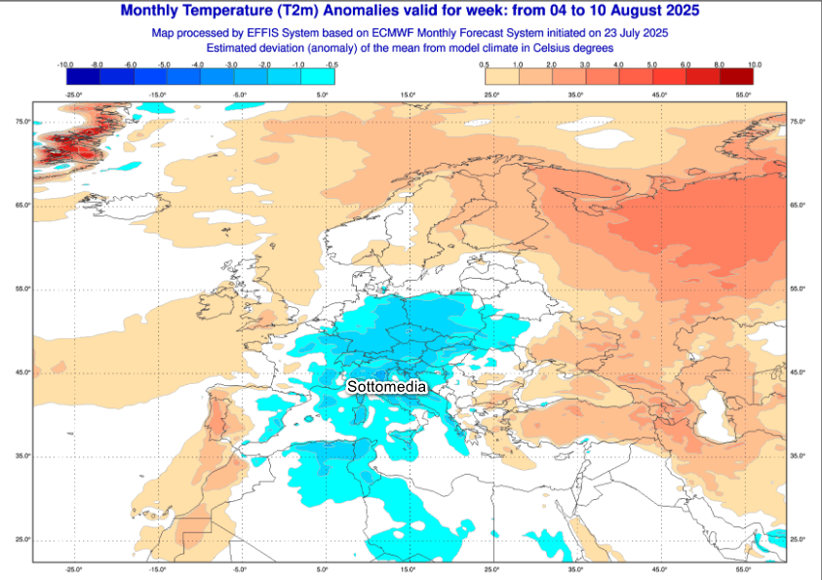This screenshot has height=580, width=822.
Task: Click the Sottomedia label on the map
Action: pyautogui.click(x=387, y=387)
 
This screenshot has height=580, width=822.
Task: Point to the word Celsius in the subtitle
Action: pyautogui.click(x=542, y=47)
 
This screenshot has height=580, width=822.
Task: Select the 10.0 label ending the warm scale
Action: pyautogui.click(x=754, y=63)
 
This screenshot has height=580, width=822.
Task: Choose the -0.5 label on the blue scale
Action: pyautogui.click(x=332, y=63)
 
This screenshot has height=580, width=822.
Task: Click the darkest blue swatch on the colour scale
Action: pyautogui.click(x=82, y=76)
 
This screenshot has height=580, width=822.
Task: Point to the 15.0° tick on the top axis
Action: pyautogui.click(x=408, y=95)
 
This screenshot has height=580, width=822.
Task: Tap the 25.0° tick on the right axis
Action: pyautogui.click(x=797, y=539)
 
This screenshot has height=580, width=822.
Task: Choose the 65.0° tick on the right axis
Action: pyautogui.click(x=797, y=205)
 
